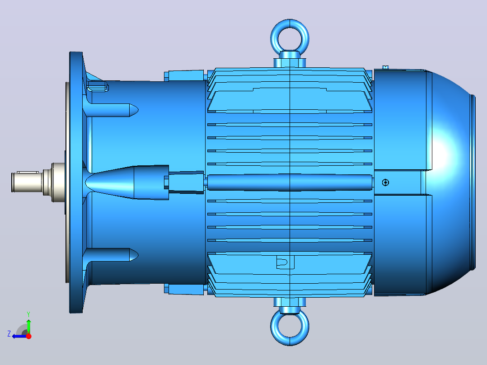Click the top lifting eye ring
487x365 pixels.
290,23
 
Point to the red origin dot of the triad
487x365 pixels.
28,336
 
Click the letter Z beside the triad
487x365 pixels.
9,334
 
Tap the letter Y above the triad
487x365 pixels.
28,314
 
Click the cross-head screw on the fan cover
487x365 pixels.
385,182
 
